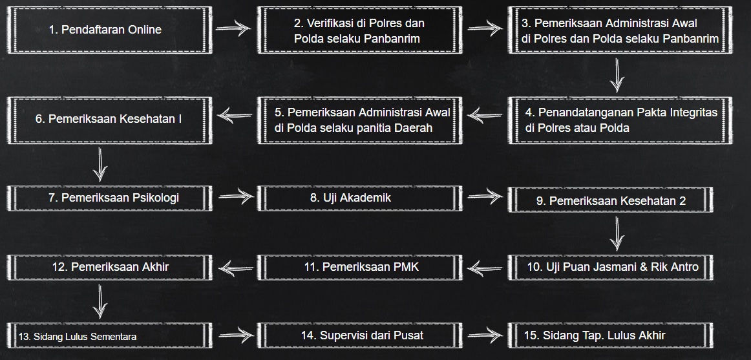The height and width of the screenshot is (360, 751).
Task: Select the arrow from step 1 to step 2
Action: point(233,28)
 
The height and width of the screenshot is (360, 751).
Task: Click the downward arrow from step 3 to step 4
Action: point(618,76)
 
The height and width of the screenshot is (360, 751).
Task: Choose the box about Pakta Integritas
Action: point(611,120)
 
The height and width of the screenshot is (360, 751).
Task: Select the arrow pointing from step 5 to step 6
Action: point(235,116)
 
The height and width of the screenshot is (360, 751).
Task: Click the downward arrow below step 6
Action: point(100,165)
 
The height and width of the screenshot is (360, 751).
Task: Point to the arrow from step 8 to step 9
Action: point(485,195)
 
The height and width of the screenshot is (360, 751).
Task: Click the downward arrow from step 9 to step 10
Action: point(618,233)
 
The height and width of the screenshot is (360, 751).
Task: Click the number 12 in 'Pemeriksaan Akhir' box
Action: point(60,266)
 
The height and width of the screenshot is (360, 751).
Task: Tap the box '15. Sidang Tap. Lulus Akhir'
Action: point(611,335)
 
